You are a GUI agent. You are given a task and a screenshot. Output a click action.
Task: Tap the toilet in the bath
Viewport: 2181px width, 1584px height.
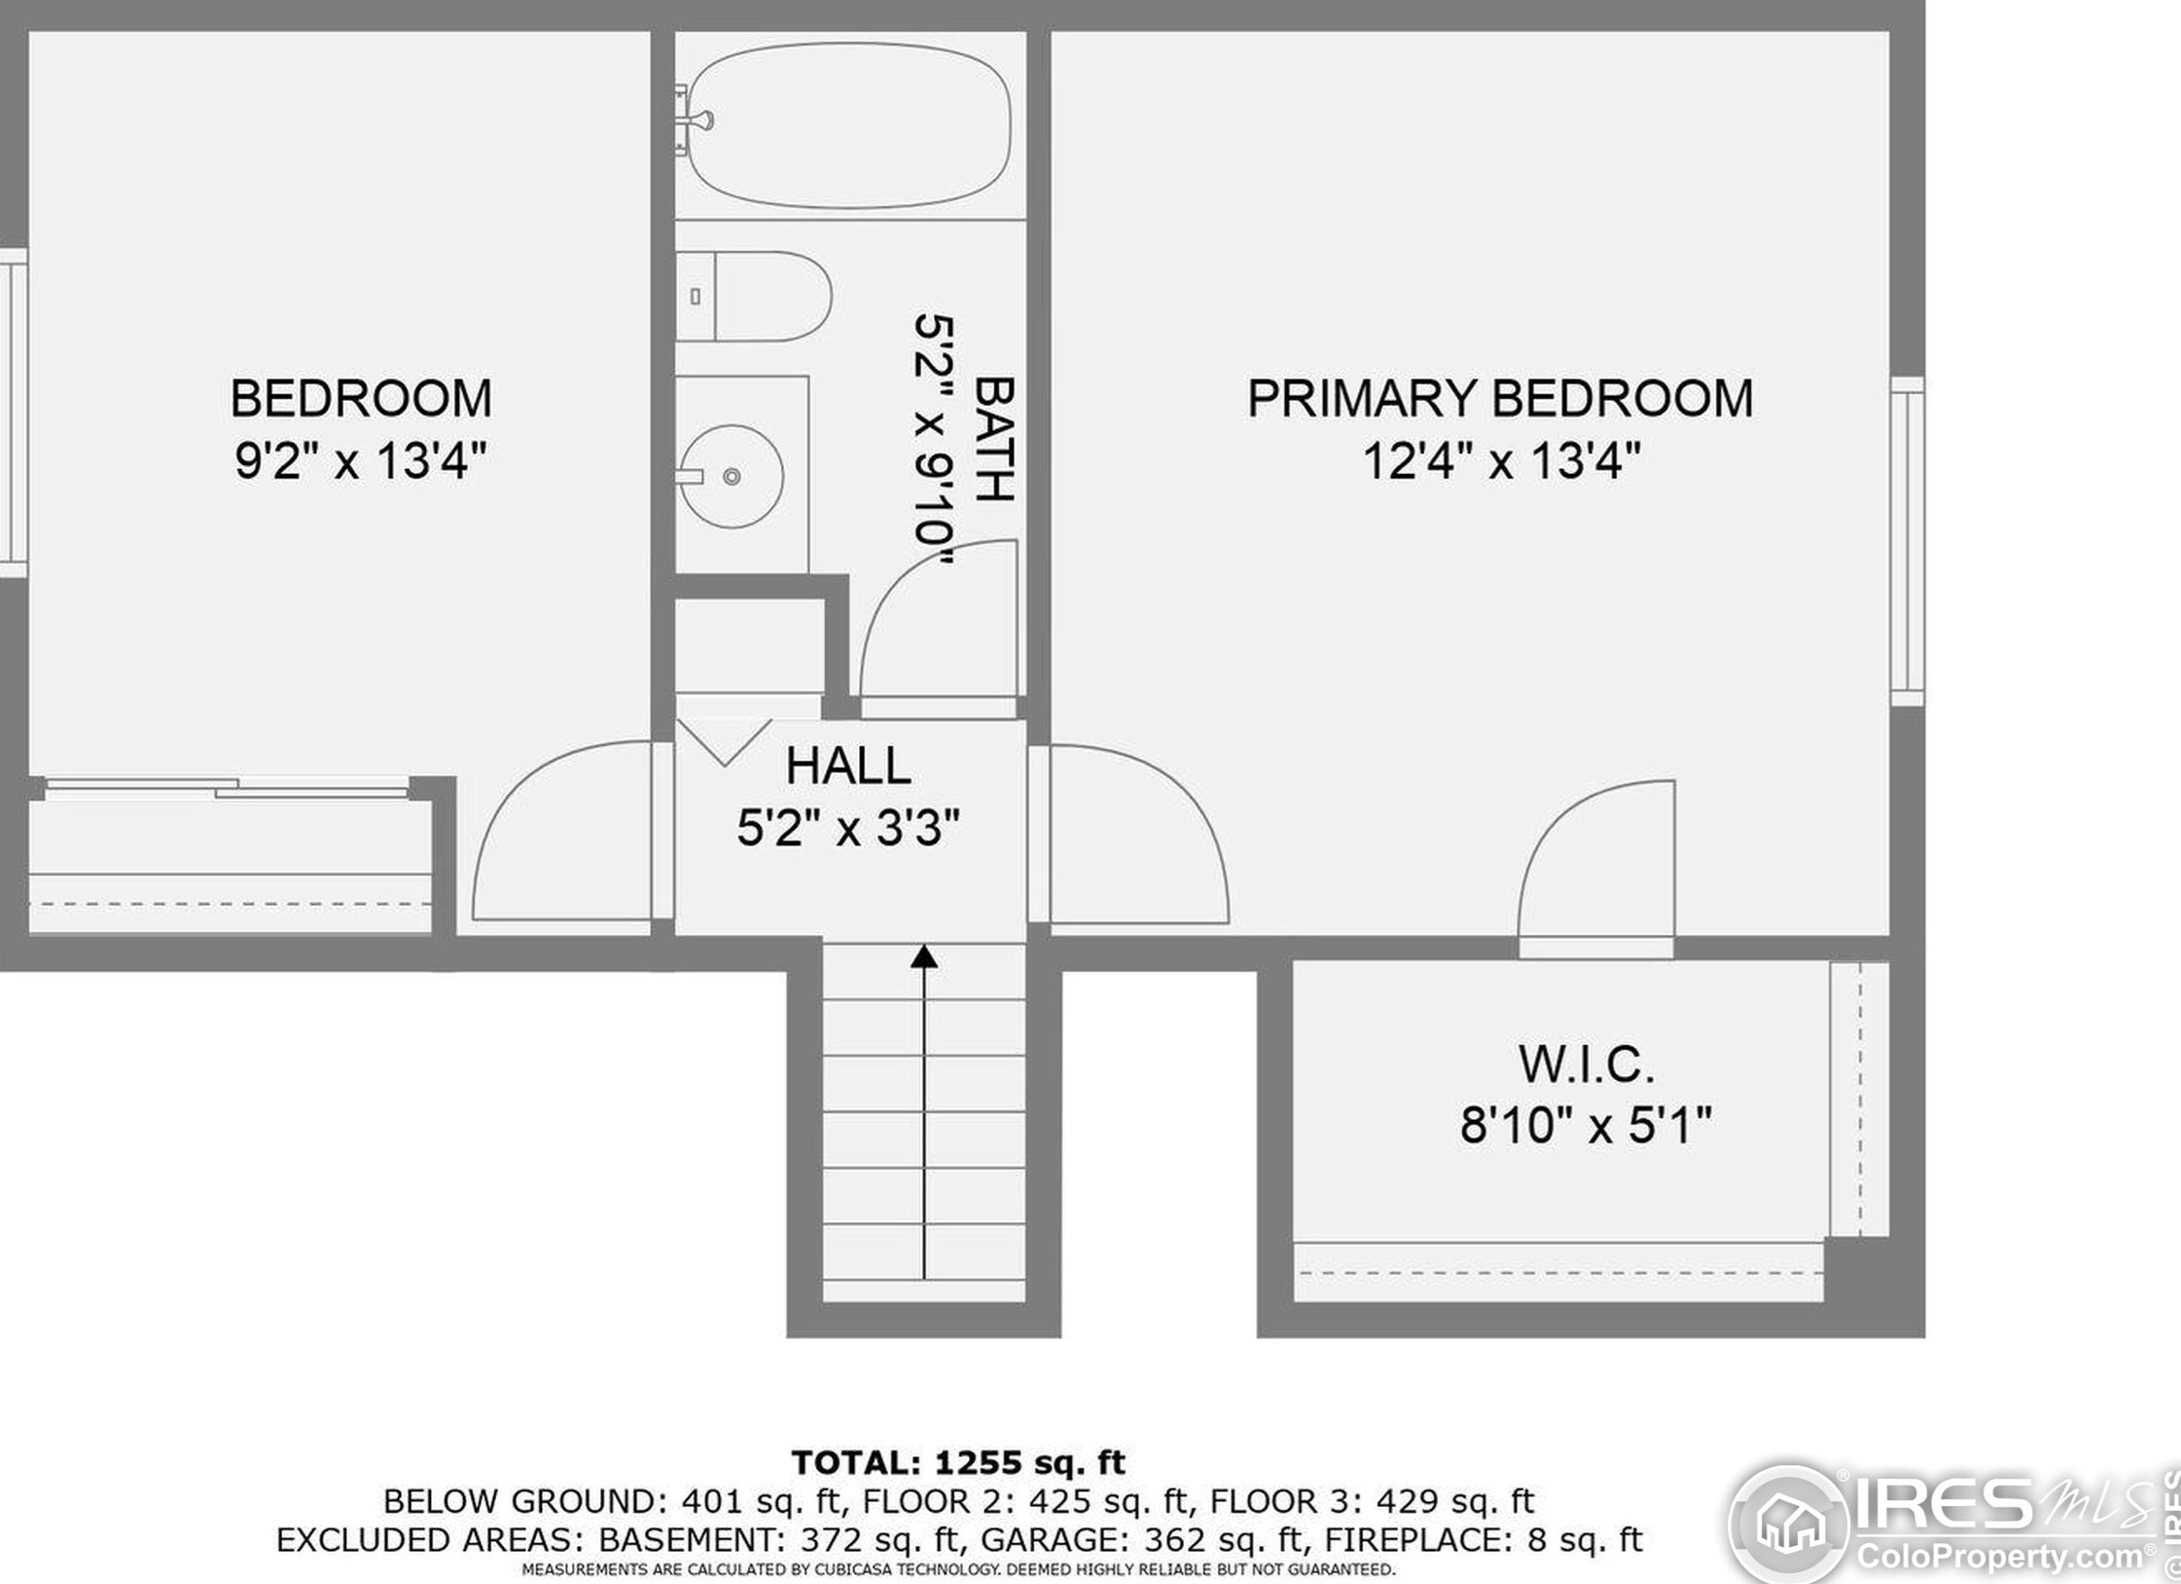[754, 296]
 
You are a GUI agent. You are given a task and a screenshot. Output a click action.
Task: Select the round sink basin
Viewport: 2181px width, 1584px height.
[732, 476]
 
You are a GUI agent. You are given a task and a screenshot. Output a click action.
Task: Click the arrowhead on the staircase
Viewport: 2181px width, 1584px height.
[924, 957]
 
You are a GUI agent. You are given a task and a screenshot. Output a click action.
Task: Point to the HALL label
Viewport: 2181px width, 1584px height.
[848, 766]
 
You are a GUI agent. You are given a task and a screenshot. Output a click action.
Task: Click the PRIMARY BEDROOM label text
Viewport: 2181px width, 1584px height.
[1500, 398]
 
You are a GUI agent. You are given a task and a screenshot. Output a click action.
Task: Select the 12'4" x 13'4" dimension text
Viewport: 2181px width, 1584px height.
[1501, 460]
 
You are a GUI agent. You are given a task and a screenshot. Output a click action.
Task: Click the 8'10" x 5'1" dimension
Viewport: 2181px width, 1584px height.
[1586, 1126]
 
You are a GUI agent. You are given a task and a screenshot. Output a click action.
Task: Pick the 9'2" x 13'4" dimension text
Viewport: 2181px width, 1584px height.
[361, 460]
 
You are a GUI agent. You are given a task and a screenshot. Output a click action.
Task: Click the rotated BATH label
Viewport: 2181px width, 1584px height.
[994, 439]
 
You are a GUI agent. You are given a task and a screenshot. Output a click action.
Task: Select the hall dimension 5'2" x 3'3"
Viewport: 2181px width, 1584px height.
[848, 828]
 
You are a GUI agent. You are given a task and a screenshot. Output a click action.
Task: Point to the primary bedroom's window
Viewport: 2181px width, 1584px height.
[1908, 541]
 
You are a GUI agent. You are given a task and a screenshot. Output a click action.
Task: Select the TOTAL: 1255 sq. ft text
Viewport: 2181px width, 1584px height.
[958, 1462]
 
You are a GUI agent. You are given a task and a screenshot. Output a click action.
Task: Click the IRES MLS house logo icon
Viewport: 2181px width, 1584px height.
[1789, 1524]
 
